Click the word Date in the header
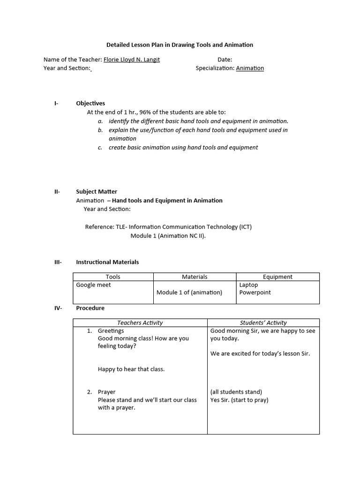225,60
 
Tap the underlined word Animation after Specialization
250,68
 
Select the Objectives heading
90,103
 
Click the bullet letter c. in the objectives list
100,147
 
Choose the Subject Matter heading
97,191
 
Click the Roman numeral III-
58,262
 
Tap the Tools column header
113,277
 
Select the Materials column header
195,277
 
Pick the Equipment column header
277,277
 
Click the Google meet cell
94,285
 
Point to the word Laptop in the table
248,285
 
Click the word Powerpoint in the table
255,292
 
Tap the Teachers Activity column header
140,322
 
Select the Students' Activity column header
263,322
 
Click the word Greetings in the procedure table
111,330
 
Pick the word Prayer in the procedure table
106,392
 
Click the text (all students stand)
236,392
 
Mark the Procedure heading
90,308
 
